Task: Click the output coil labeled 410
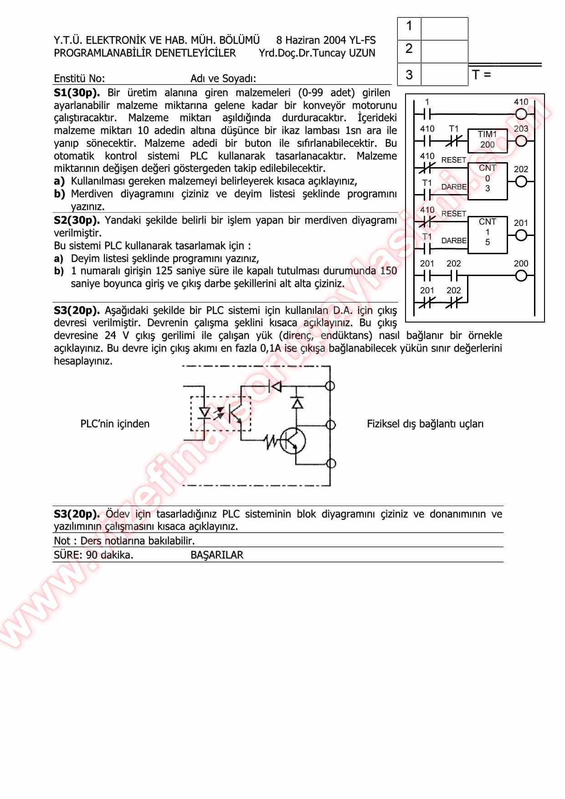[x=521, y=114]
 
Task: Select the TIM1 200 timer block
[x=487, y=140]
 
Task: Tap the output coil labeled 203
[x=521, y=141]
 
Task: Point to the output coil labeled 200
[x=521, y=276]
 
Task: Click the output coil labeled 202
[x=521, y=181]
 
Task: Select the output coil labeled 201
[x=521, y=235]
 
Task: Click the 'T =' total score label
[x=482, y=75]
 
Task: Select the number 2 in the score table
[x=409, y=49]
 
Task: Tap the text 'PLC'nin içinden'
[x=115, y=424]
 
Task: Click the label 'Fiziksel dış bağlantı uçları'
[x=425, y=424]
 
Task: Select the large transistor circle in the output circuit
[x=293, y=440]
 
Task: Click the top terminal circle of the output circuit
[x=330, y=386]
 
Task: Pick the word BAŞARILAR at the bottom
[x=217, y=555]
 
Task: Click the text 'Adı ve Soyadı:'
[x=223, y=78]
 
